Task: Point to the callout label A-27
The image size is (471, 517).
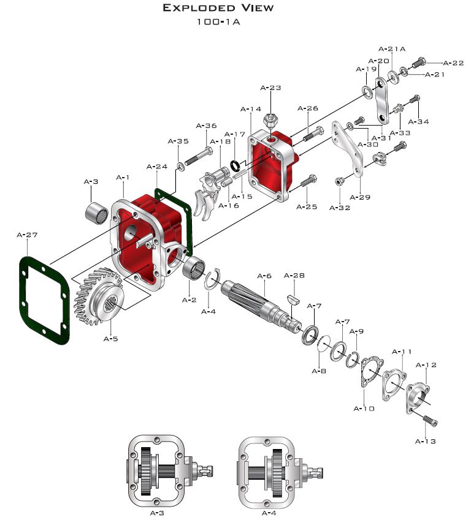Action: coord(27,235)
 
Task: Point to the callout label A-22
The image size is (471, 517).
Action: coord(453,63)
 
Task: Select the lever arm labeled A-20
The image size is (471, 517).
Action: coord(383,99)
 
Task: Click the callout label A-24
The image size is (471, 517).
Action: coord(157,166)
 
